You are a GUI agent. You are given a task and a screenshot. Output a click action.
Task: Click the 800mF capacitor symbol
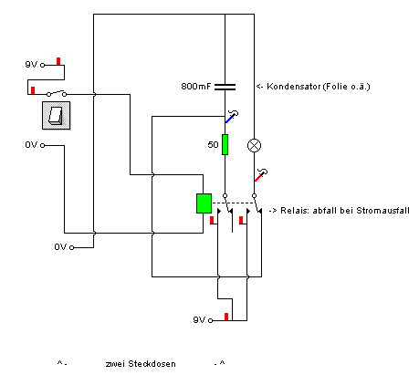coord(225,87)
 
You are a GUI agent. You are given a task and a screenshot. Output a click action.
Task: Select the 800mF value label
coord(196,87)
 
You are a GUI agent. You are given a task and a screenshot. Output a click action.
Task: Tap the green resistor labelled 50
coord(225,144)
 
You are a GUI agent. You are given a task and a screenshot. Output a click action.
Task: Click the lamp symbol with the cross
coord(254,145)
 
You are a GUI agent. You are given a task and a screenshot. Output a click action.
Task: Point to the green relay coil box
coord(204,203)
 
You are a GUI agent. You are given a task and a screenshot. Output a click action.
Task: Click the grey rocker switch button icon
coord(57,116)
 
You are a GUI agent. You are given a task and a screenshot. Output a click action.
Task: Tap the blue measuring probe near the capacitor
coord(232,117)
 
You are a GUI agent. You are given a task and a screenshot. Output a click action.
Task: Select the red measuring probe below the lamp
coord(261,175)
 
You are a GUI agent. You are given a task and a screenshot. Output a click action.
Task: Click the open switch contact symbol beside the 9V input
coord(57,93)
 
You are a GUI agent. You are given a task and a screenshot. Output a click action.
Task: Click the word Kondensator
coord(294,87)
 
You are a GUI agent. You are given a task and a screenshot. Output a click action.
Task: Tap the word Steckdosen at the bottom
coord(152,364)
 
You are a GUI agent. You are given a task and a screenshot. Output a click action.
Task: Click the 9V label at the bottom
coord(199,319)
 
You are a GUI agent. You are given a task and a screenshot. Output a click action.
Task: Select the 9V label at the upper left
coord(31,64)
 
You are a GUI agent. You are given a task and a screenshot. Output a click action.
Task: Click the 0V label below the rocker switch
coord(31,145)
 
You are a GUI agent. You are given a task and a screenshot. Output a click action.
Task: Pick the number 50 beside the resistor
coord(213,144)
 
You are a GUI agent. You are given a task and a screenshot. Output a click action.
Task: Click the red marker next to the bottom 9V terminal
coord(226,317)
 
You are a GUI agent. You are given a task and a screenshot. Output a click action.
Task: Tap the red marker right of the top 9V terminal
coord(58,61)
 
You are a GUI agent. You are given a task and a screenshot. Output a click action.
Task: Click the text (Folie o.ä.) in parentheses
coord(346,87)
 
